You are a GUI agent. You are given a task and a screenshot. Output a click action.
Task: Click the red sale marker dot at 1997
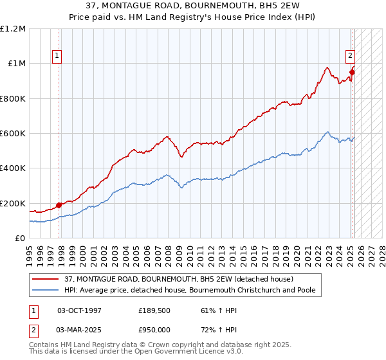(59, 205)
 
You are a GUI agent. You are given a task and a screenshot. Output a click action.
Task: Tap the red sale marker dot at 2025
(352, 72)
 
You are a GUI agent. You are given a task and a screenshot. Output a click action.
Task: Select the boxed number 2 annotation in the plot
(351, 56)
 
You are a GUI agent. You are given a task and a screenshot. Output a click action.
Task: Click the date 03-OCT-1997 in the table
(79, 310)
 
